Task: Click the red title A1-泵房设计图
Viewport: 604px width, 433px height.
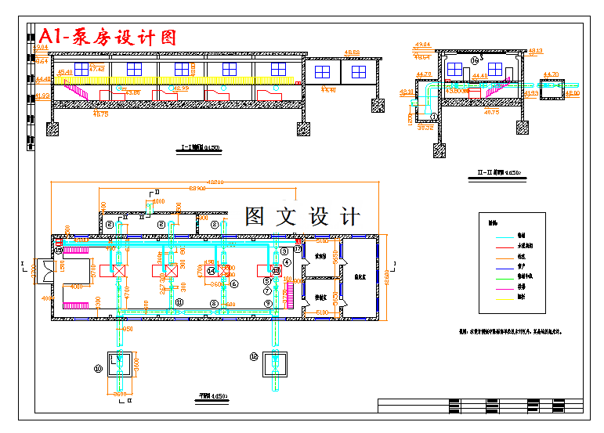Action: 108,36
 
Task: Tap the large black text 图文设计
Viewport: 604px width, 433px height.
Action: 302,216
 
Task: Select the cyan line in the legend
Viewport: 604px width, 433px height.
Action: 520,235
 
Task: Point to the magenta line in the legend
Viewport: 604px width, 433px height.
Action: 520,287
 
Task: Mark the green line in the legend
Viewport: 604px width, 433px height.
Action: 520,276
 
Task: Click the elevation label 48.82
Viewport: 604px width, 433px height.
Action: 352,52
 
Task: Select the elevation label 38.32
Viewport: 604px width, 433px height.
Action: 425,127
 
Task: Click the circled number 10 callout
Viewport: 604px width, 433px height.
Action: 99,367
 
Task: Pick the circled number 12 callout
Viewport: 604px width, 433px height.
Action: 254,356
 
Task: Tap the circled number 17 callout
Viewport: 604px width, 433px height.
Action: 298,249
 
